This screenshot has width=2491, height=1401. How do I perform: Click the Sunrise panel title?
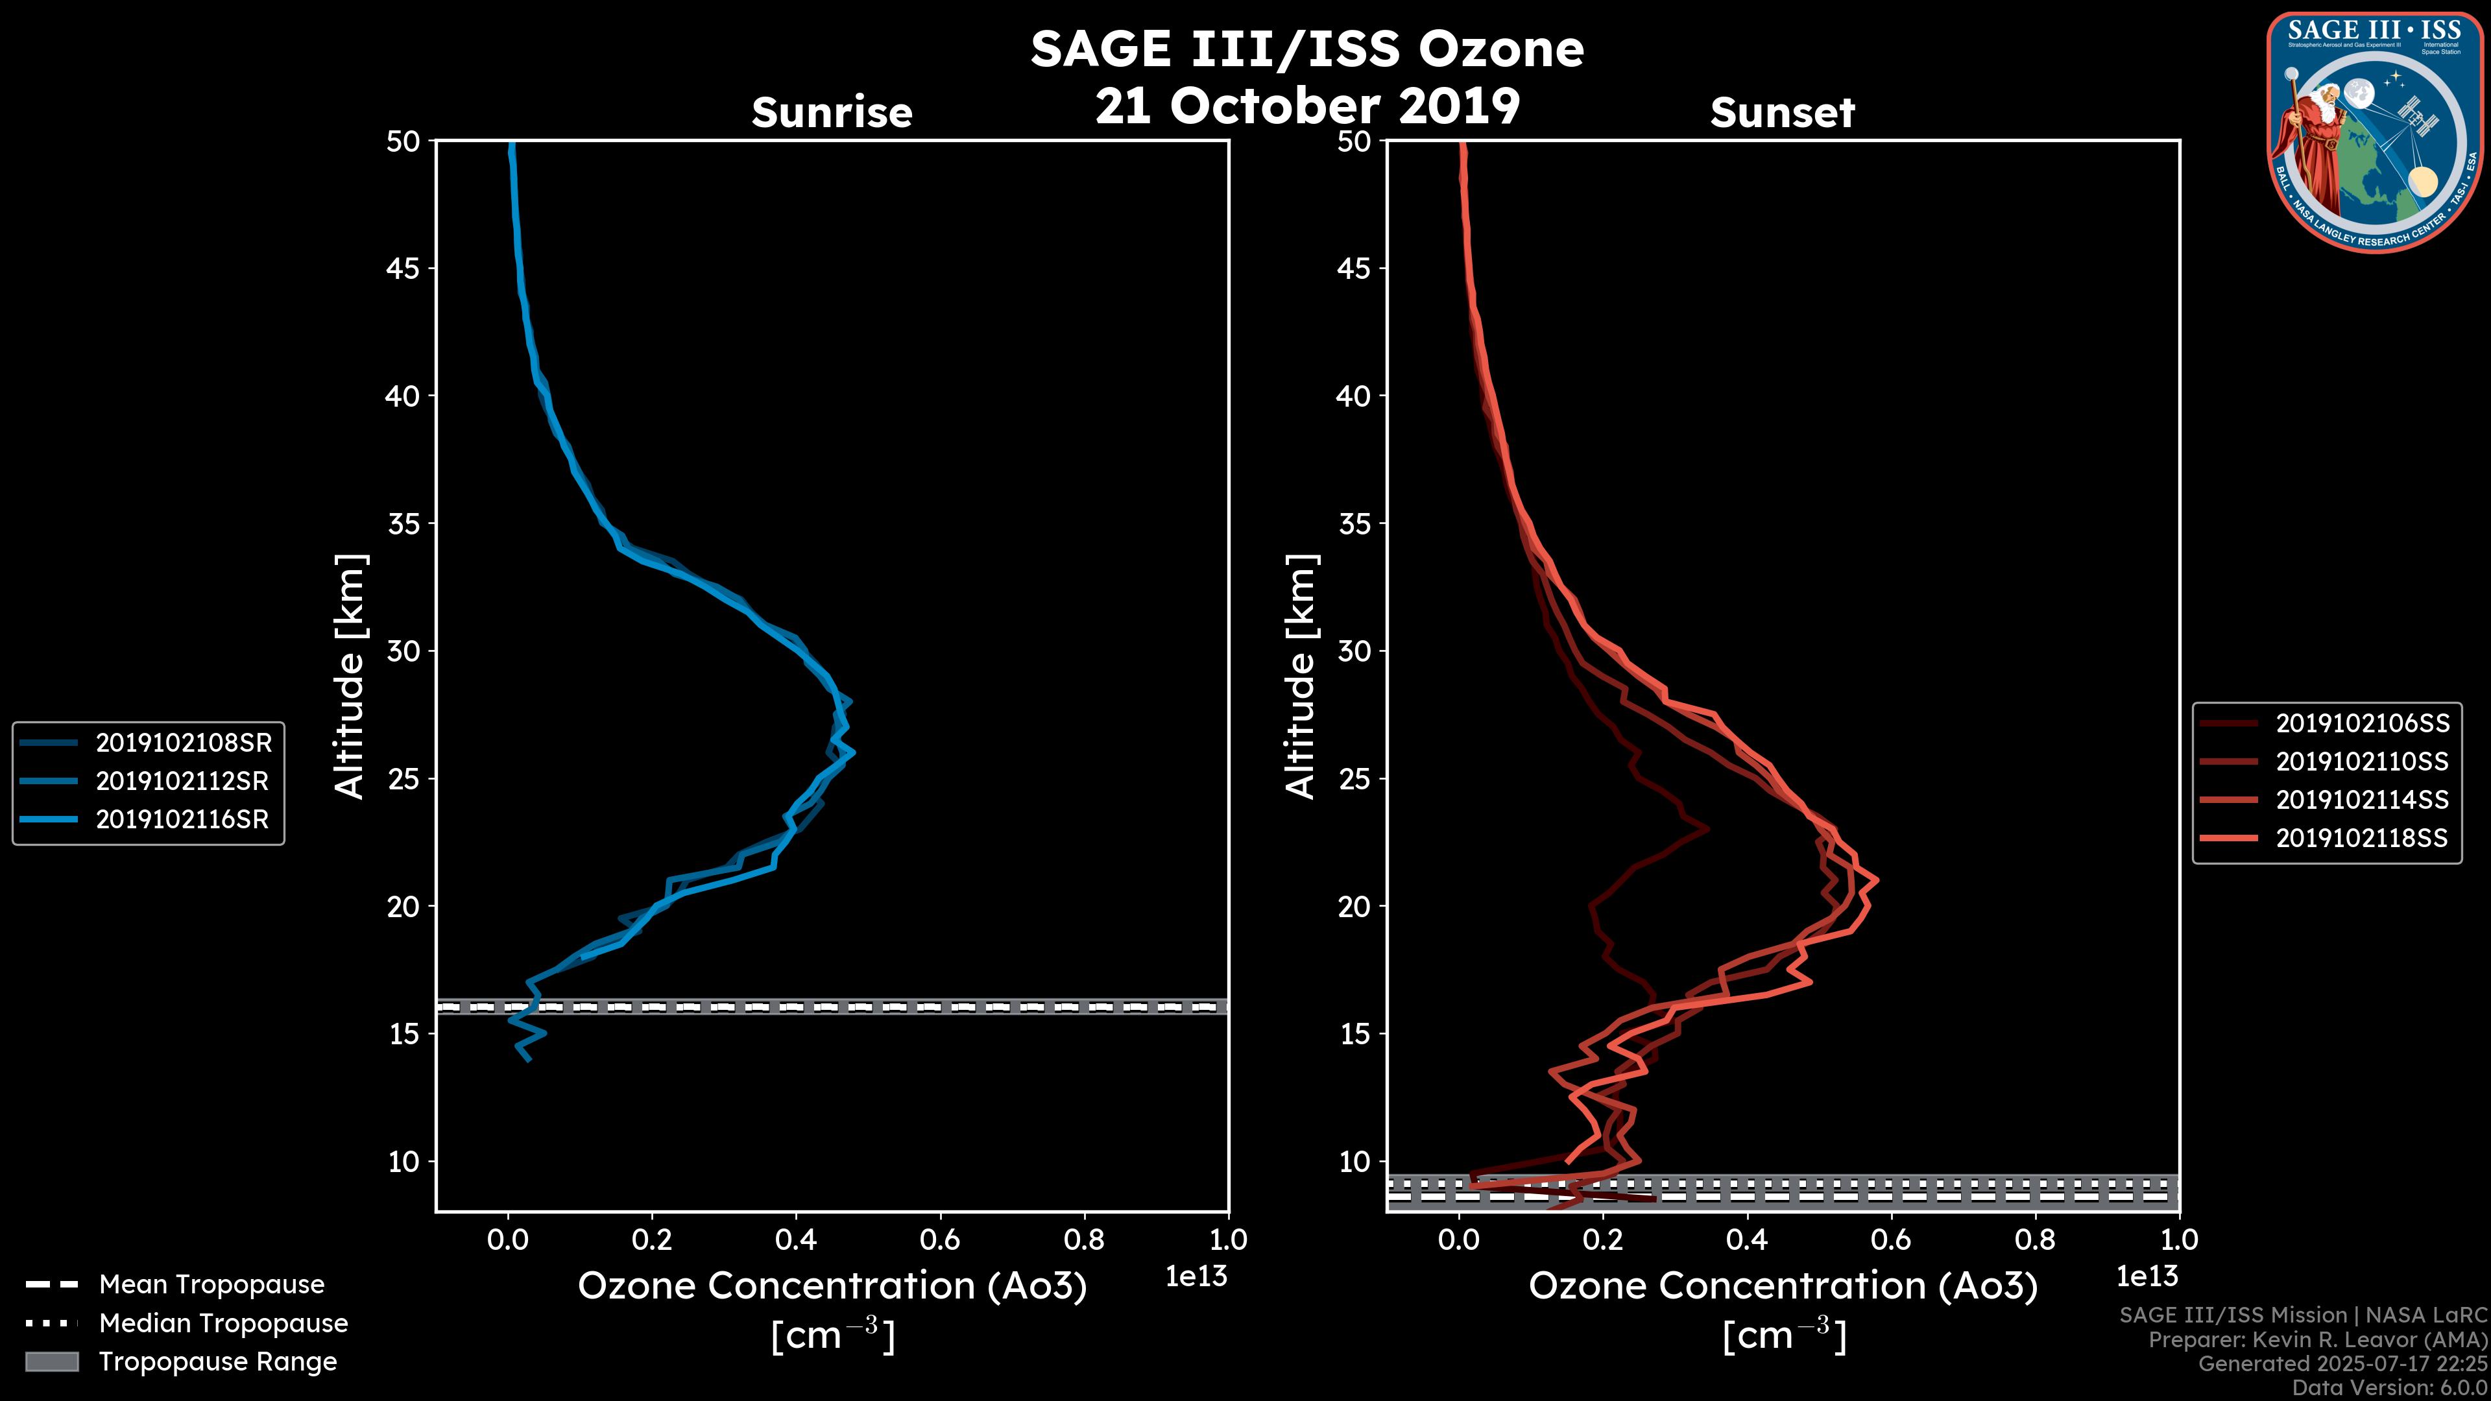(832, 113)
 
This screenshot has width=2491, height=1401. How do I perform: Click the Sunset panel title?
(1782, 113)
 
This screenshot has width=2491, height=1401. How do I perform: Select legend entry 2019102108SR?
(184, 743)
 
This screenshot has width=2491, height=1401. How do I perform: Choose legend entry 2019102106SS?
(2361, 723)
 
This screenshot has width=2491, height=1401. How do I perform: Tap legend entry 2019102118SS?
(2361, 837)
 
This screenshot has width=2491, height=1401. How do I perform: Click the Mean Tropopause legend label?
(211, 1284)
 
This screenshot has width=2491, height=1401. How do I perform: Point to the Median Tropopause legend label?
(223, 1323)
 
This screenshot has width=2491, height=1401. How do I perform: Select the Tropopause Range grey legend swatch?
(51, 1361)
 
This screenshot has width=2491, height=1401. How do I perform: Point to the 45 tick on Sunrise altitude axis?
(403, 268)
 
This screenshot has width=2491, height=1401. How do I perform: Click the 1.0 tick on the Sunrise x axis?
(1228, 1239)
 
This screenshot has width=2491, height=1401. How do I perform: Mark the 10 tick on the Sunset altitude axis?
(1354, 1161)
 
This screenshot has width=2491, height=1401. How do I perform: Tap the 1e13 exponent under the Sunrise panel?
(1196, 1276)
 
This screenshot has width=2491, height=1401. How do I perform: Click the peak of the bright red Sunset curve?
(1877, 880)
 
